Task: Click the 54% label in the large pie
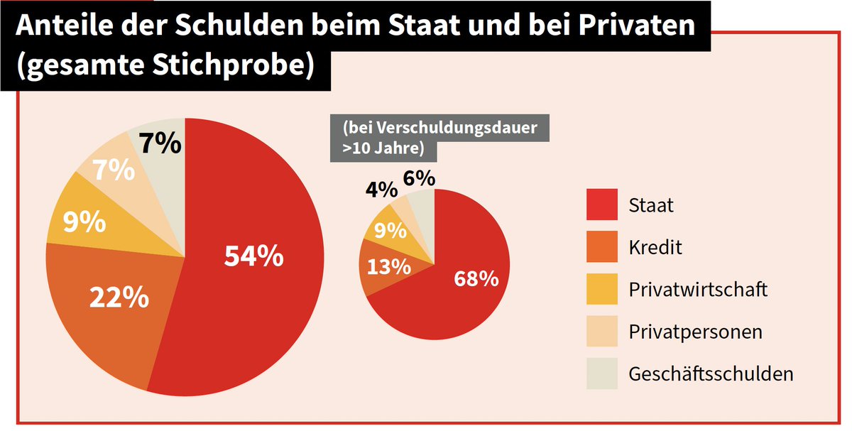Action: pos(253,256)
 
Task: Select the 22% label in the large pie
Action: pos(119,297)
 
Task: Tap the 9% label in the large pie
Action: pos(84,223)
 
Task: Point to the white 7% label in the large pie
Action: pos(114,171)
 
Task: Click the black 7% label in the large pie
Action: pos(160,143)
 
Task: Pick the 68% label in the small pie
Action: pos(476,278)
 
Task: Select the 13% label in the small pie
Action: pos(388,267)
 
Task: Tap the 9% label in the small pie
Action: pos(390,231)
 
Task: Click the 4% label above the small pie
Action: pos(381,190)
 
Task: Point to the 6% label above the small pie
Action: pos(419,178)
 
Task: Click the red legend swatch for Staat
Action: pos(601,205)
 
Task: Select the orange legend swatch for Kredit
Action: pos(601,247)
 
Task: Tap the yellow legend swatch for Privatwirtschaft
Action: pos(601,289)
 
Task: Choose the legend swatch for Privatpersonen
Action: pos(601,331)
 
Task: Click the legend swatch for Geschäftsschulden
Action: pos(601,373)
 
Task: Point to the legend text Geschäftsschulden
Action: pos(711,374)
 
